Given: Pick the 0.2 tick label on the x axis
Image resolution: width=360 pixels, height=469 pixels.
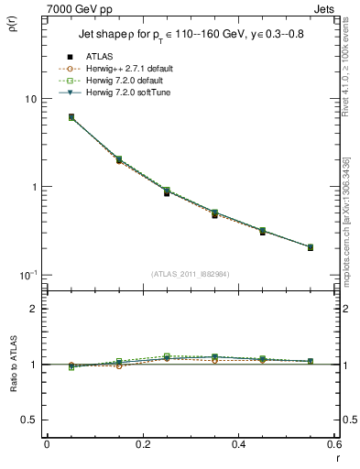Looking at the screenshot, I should pos(142,444).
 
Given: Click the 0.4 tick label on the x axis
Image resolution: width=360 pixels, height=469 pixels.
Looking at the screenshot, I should pos(238,444).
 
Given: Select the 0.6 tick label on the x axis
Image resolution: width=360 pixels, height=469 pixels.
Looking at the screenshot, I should pos(333,444).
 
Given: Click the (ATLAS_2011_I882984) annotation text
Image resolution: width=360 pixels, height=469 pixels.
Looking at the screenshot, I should pos(190,274).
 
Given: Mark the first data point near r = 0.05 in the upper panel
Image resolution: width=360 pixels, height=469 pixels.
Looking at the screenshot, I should pos(71,117).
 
